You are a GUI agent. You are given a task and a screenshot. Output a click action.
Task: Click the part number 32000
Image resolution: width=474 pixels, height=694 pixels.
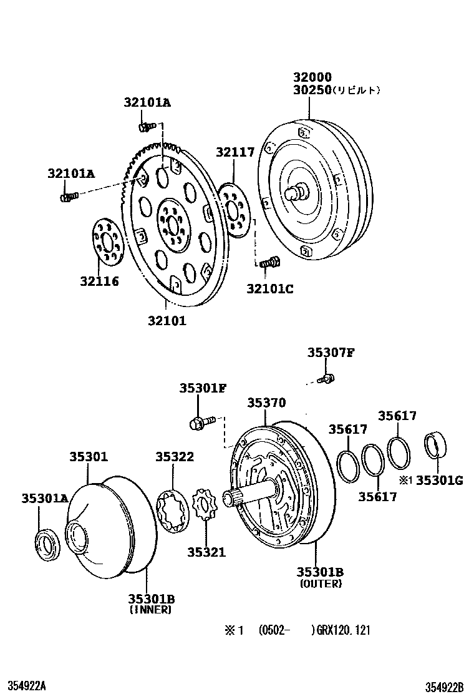[x=312, y=77]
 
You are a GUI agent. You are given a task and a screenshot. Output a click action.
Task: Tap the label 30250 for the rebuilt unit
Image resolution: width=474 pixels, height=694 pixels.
[x=312, y=90]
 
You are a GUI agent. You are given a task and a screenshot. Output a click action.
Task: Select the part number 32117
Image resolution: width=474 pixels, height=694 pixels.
[x=235, y=152]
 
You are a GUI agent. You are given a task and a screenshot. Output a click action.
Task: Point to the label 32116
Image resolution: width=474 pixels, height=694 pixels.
[x=100, y=281]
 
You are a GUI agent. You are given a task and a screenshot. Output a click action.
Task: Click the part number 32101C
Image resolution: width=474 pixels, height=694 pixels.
[x=269, y=288]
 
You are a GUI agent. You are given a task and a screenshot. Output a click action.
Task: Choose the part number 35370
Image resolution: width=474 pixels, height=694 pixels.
[x=267, y=403]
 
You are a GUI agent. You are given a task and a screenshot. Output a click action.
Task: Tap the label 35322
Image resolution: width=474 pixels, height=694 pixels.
[x=175, y=456]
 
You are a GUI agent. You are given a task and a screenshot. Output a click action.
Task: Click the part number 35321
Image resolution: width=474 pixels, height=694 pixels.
[x=206, y=552]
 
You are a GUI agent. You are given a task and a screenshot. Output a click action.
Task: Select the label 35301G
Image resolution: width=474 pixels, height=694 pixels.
[x=440, y=480]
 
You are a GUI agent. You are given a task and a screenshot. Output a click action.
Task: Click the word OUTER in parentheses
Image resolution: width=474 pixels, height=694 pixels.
[x=321, y=584]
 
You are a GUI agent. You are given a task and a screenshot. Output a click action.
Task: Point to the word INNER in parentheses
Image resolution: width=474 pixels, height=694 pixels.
[x=151, y=610]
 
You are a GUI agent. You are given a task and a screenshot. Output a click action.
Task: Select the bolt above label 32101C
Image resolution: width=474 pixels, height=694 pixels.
[x=269, y=262]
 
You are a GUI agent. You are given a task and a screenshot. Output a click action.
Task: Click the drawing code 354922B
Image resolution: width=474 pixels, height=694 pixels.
[x=444, y=687]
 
